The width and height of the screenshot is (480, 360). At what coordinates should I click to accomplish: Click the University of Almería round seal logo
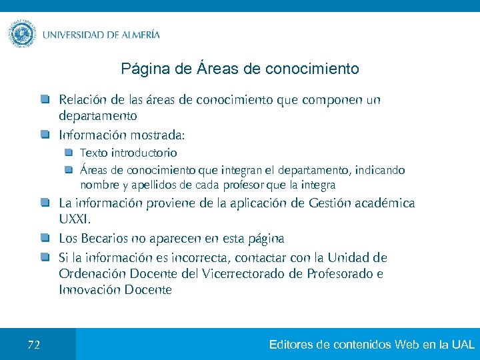pyautogui.click(x=23, y=34)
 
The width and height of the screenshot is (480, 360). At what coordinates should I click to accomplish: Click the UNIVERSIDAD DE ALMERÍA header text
pyautogui.click(x=101, y=35)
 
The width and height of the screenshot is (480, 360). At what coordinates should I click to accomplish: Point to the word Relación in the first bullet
pyautogui.click(x=82, y=100)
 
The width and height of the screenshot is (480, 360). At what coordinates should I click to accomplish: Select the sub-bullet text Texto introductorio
pyautogui.click(x=129, y=153)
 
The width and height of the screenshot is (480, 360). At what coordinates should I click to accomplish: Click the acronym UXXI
pyautogui.click(x=74, y=219)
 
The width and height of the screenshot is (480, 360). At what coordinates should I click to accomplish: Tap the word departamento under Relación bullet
pyautogui.click(x=98, y=116)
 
